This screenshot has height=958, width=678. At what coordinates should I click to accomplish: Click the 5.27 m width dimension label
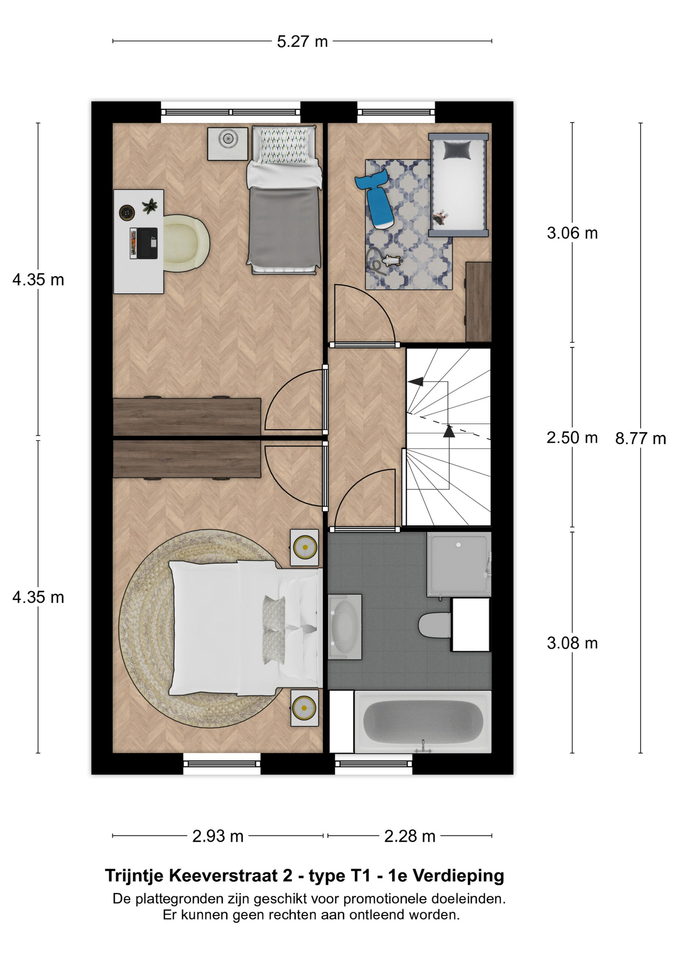pyautogui.click(x=302, y=41)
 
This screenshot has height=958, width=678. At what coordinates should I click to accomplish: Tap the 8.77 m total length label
pyautogui.click(x=641, y=439)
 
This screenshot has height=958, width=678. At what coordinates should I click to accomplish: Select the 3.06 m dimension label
pyautogui.click(x=572, y=233)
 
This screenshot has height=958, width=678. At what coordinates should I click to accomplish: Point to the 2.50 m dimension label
pyautogui.click(x=572, y=438)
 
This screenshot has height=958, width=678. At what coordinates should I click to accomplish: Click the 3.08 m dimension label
pyautogui.click(x=572, y=643)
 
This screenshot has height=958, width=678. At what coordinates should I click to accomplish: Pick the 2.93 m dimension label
pyautogui.click(x=218, y=836)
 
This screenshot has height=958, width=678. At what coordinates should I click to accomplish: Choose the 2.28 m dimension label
pyautogui.click(x=409, y=836)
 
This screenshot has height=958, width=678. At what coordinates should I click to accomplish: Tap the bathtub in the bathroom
pyautogui.click(x=423, y=721)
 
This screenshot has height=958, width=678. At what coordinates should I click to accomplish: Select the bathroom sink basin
pyautogui.click(x=345, y=626)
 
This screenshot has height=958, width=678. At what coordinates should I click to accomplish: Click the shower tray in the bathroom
pyautogui.click(x=459, y=564)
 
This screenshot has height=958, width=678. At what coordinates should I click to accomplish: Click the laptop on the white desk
pyautogui.click(x=144, y=243)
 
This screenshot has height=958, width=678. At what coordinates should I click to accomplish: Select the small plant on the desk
pyautogui.click(x=149, y=206)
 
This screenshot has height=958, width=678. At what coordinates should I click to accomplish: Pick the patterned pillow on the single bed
pyautogui.click(x=284, y=145)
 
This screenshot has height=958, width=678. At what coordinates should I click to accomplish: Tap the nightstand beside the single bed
pyautogui.click(x=228, y=144)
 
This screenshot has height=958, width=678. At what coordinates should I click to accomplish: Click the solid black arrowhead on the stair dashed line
pyautogui.click(x=449, y=431)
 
